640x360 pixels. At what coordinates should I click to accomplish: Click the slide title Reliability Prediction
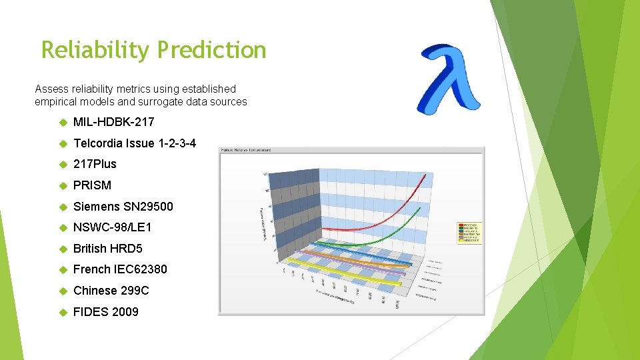[153, 50]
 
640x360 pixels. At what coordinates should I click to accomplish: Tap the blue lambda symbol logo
[448, 79]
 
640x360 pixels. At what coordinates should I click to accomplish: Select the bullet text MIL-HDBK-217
[113, 122]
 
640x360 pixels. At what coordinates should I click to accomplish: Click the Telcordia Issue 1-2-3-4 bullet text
[135, 143]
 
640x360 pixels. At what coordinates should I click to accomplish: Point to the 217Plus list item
[95, 164]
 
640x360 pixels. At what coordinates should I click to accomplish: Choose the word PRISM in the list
[92, 185]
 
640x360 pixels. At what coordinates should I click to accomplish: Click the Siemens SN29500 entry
[123, 207]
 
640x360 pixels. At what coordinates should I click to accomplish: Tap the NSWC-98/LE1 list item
[112, 227]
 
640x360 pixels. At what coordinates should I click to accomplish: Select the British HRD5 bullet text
[107, 249]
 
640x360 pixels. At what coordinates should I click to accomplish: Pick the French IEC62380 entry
[120, 269]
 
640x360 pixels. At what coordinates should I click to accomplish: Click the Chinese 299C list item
[111, 291]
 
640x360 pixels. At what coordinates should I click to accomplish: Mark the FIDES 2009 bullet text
[105, 312]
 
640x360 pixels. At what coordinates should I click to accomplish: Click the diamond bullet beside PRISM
[63, 185]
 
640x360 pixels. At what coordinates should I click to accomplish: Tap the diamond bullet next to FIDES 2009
[63, 312]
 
